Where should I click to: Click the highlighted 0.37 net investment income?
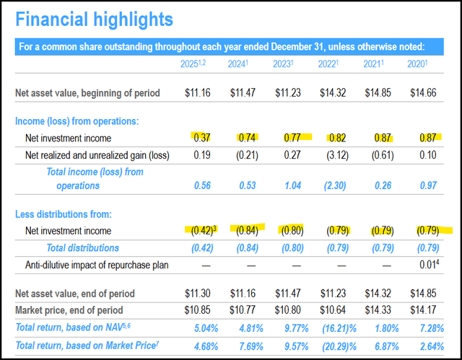point(202,137)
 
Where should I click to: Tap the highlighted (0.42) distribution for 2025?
point(201,231)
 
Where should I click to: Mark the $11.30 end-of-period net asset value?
point(199,294)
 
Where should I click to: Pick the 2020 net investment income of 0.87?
point(433,137)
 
